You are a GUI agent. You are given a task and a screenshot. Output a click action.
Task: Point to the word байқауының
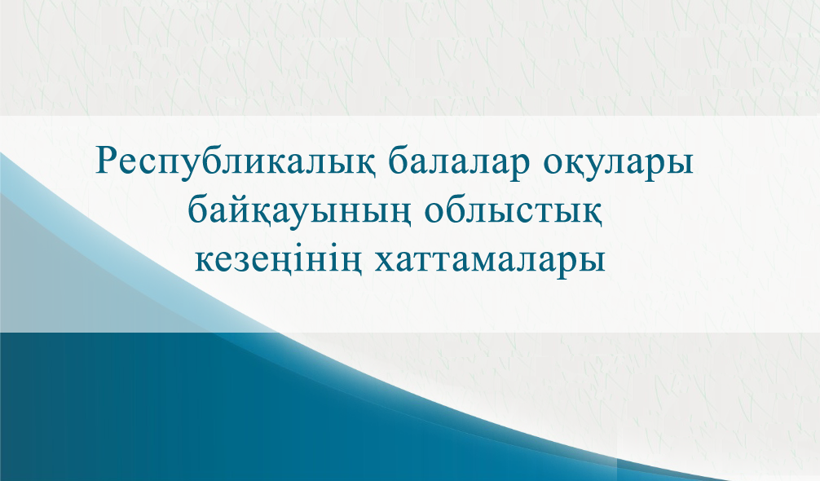pyautogui.click(x=298, y=213)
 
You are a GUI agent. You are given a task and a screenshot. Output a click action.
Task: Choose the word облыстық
pyautogui.click(x=514, y=211)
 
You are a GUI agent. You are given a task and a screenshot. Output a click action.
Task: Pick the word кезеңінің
pyautogui.click(x=277, y=260)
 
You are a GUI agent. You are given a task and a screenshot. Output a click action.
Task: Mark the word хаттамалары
pyautogui.click(x=490, y=259)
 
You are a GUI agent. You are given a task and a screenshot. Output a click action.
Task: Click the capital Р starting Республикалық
pyautogui.click(x=108, y=161)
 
